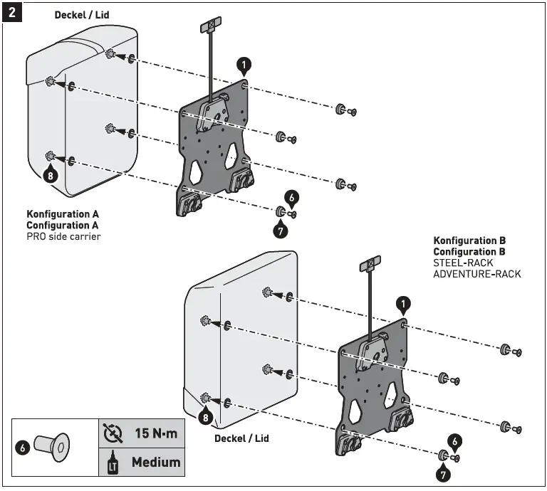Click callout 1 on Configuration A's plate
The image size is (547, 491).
244,66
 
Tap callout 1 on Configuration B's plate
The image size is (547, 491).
403,305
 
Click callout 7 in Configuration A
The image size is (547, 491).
281,231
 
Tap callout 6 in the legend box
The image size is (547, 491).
23,448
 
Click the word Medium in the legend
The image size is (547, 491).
155,462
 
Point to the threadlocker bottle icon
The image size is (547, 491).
111,463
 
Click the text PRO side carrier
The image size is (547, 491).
63,236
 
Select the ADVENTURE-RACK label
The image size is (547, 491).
476,274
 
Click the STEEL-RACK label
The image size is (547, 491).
463,263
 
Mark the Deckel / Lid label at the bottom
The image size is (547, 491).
242,438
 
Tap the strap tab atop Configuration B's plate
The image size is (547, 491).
370,266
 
